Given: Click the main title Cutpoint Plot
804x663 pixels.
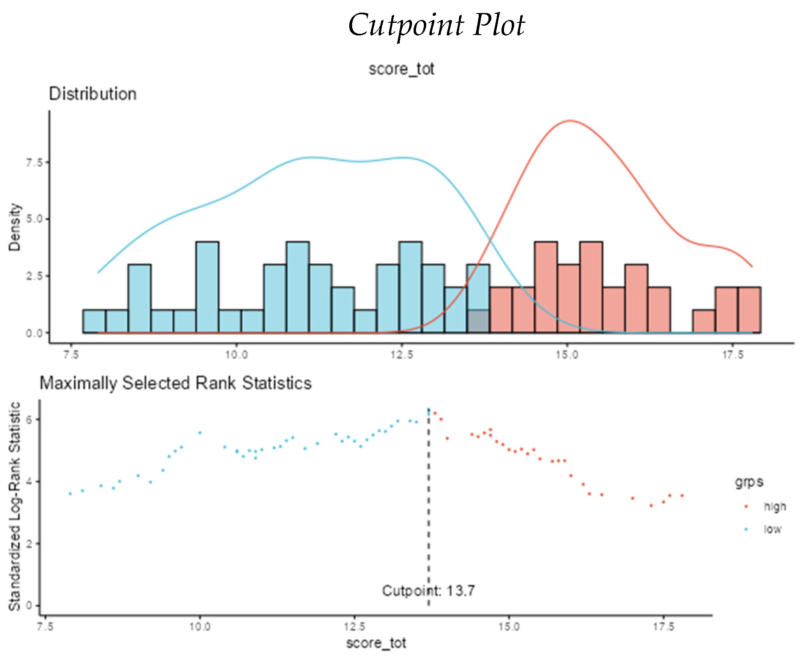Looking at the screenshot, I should click(x=436, y=25).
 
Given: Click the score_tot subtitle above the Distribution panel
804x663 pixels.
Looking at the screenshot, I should click(x=401, y=69).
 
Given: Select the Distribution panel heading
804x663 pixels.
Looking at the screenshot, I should click(x=93, y=94).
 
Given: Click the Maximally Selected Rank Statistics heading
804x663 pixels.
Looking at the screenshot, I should click(x=175, y=383).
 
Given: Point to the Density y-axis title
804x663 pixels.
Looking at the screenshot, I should click(x=15, y=227).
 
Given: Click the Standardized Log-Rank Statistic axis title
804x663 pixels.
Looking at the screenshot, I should click(x=15, y=507).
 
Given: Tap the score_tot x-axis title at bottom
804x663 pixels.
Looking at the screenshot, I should click(x=376, y=643).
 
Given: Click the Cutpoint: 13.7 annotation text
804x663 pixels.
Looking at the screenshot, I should click(x=428, y=591).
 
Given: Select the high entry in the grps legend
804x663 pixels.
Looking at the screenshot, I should click(x=774, y=507).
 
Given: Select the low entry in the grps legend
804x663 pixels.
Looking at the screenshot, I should click(x=772, y=529).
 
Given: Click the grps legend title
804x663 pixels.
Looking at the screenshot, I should click(x=749, y=482).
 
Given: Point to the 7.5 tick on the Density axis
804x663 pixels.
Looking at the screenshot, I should click(x=34, y=162).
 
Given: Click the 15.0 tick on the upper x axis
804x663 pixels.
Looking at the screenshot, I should click(x=567, y=355).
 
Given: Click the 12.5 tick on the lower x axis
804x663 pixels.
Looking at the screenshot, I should click(x=354, y=626).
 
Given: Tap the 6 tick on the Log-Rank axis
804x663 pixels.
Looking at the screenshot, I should click(x=29, y=420).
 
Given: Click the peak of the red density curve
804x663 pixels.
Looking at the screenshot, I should click(x=570, y=121).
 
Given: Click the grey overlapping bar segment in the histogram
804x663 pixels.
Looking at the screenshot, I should click(x=478, y=321).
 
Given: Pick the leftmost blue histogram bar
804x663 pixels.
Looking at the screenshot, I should click(x=94, y=321).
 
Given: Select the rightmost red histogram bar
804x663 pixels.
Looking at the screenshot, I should click(x=749, y=310).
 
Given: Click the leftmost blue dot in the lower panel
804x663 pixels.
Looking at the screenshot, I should click(x=70, y=494).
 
